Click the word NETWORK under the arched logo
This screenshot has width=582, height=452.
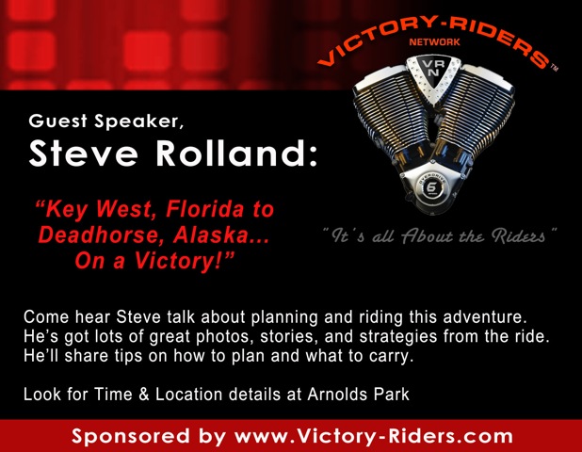pyautogui.click(x=434, y=42)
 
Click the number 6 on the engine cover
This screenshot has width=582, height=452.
pyautogui.click(x=433, y=187)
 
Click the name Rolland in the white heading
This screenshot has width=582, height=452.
pyautogui.click(x=236, y=153)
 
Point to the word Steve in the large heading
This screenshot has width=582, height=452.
pyautogui.click(x=84, y=153)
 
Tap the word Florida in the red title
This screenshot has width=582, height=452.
pyautogui.click(x=205, y=209)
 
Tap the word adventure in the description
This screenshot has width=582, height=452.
pyautogui.click(x=485, y=317)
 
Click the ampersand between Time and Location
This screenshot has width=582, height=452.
pyautogui.click(x=144, y=395)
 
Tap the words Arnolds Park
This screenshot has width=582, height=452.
pyautogui.click(x=358, y=395)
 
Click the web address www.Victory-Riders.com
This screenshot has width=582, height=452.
pyautogui.click(x=374, y=436)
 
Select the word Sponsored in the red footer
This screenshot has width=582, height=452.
pyautogui.click(x=130, y=436)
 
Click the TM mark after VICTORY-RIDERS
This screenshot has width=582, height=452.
pyautogui.click(x=554, y=68)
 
